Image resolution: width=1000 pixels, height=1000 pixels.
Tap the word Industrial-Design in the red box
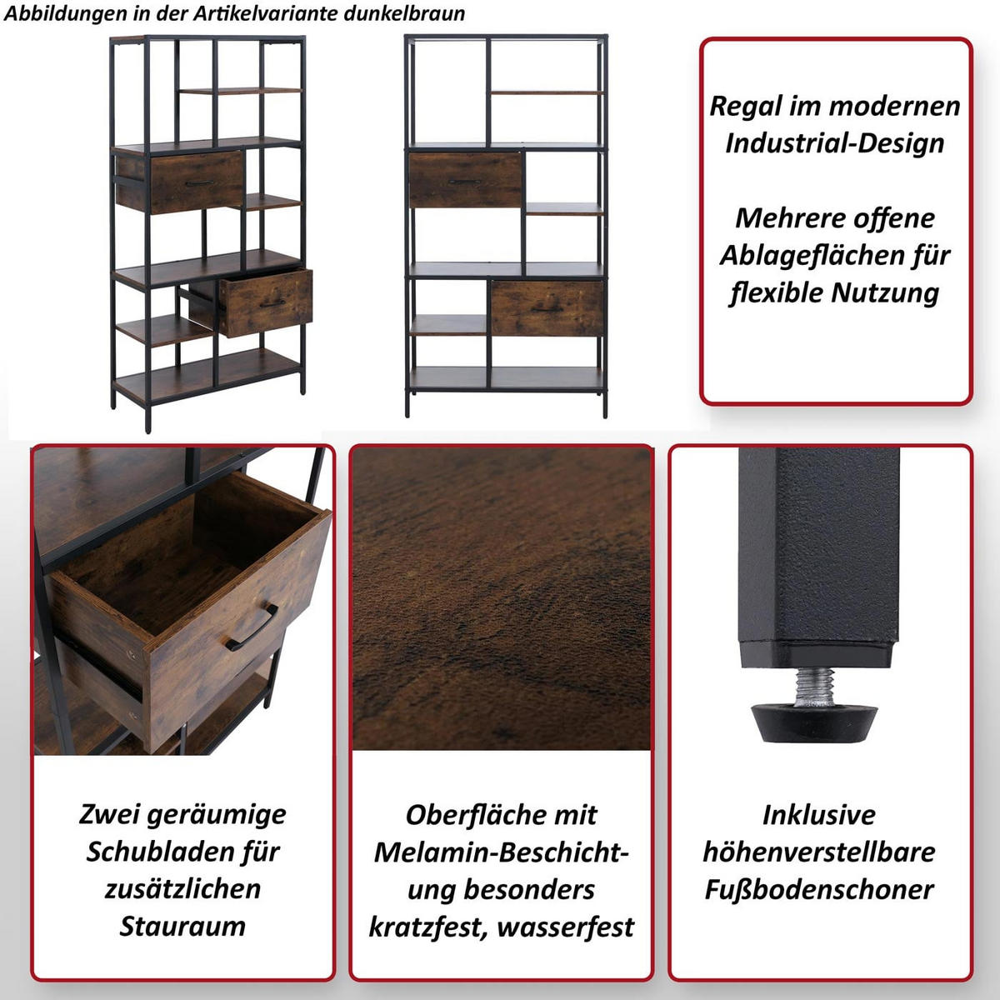834,143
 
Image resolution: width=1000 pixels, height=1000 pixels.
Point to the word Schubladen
163,852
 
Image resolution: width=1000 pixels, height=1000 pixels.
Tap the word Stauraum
182,926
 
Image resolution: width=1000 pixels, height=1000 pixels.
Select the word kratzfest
427,926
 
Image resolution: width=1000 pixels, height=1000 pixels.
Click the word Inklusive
819,814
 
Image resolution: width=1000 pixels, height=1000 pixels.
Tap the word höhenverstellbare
819,852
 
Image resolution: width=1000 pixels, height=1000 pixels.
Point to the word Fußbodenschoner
819,889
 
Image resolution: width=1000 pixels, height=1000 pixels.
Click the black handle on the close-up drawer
252,627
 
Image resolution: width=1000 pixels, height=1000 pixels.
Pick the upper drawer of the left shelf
181,181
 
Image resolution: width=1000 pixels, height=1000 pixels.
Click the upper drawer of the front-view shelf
465,180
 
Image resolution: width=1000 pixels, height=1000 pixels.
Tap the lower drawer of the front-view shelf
547,308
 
